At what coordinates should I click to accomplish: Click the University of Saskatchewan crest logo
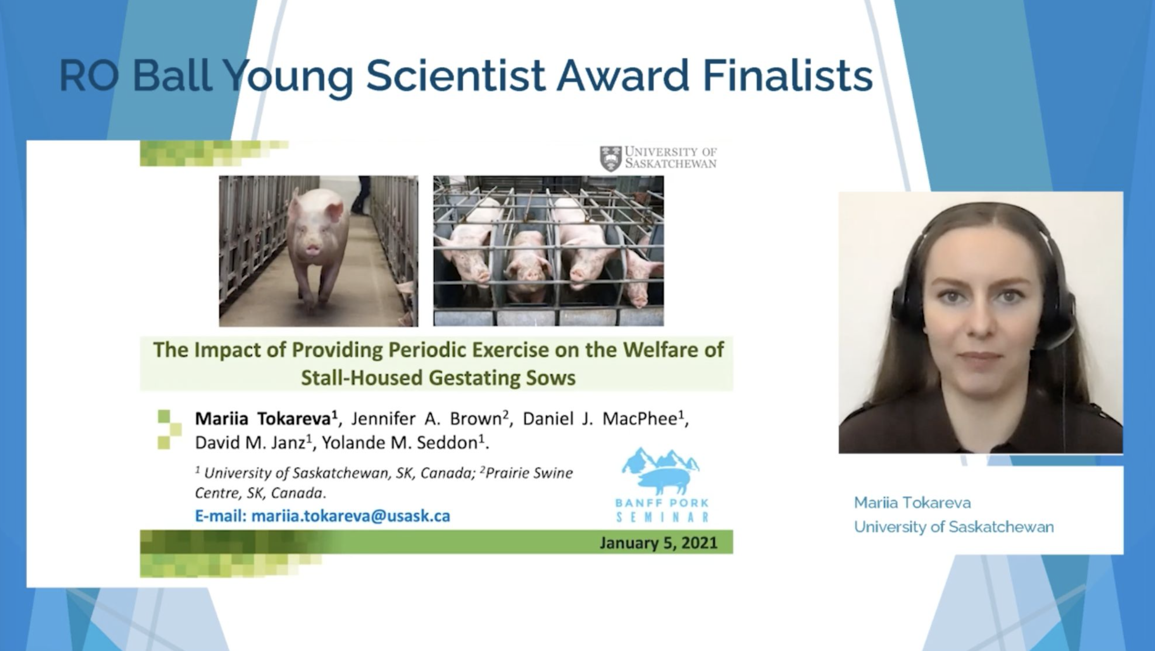coord(611,158)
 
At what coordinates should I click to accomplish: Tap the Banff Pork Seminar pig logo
coord(661,471)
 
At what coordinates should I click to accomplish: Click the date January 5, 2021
coord(659,543)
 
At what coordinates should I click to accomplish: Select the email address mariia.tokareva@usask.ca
coord(351,516)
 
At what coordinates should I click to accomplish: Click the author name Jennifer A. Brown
coord(426,419)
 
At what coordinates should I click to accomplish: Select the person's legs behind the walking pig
coord(361,195)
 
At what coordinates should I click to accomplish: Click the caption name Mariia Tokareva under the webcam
coord(912,502)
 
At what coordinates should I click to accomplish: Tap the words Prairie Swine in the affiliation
coord(529,473)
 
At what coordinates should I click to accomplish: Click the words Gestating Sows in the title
coord(502,378)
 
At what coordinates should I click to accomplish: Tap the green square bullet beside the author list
coord(169,429)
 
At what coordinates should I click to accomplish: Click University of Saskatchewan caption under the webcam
coord(954,527)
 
